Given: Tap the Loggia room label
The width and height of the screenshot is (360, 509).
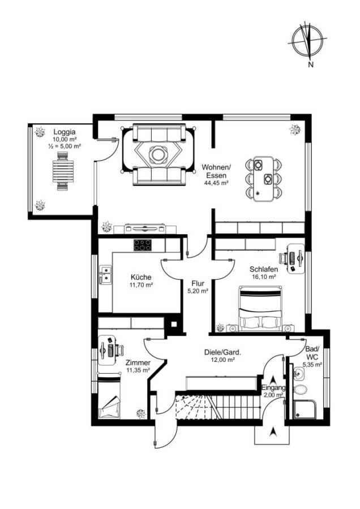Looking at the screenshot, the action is click(65, 132).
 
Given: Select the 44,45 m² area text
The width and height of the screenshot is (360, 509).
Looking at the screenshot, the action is click(216, 183).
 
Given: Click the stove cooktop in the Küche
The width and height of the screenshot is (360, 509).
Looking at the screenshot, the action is click(143, 245).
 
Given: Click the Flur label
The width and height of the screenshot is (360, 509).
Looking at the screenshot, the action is click(198, 283).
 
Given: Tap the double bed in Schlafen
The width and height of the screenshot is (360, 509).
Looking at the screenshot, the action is click(260, 308).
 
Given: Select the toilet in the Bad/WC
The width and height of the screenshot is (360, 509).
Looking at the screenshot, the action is click(300, 389).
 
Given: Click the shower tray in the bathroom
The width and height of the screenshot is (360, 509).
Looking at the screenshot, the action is click(305, 409).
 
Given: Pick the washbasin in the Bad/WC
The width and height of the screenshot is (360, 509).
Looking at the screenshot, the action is click(298, 374).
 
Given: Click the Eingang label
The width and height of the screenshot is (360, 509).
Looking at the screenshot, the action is click(273, 387).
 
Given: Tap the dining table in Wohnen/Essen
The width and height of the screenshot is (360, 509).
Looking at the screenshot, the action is click(264, 179).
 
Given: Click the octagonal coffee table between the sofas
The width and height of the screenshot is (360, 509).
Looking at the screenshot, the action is click(158, 155).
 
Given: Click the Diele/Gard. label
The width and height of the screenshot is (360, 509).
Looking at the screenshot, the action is click(222, 352).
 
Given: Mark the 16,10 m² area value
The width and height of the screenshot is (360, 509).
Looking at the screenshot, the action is click(264, 277).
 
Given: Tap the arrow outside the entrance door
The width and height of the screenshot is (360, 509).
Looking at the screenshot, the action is click(273, 432).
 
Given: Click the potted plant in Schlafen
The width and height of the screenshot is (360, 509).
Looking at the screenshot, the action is click(220, 327).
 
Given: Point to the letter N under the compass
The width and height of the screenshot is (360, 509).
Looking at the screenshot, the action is click(311, 64).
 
